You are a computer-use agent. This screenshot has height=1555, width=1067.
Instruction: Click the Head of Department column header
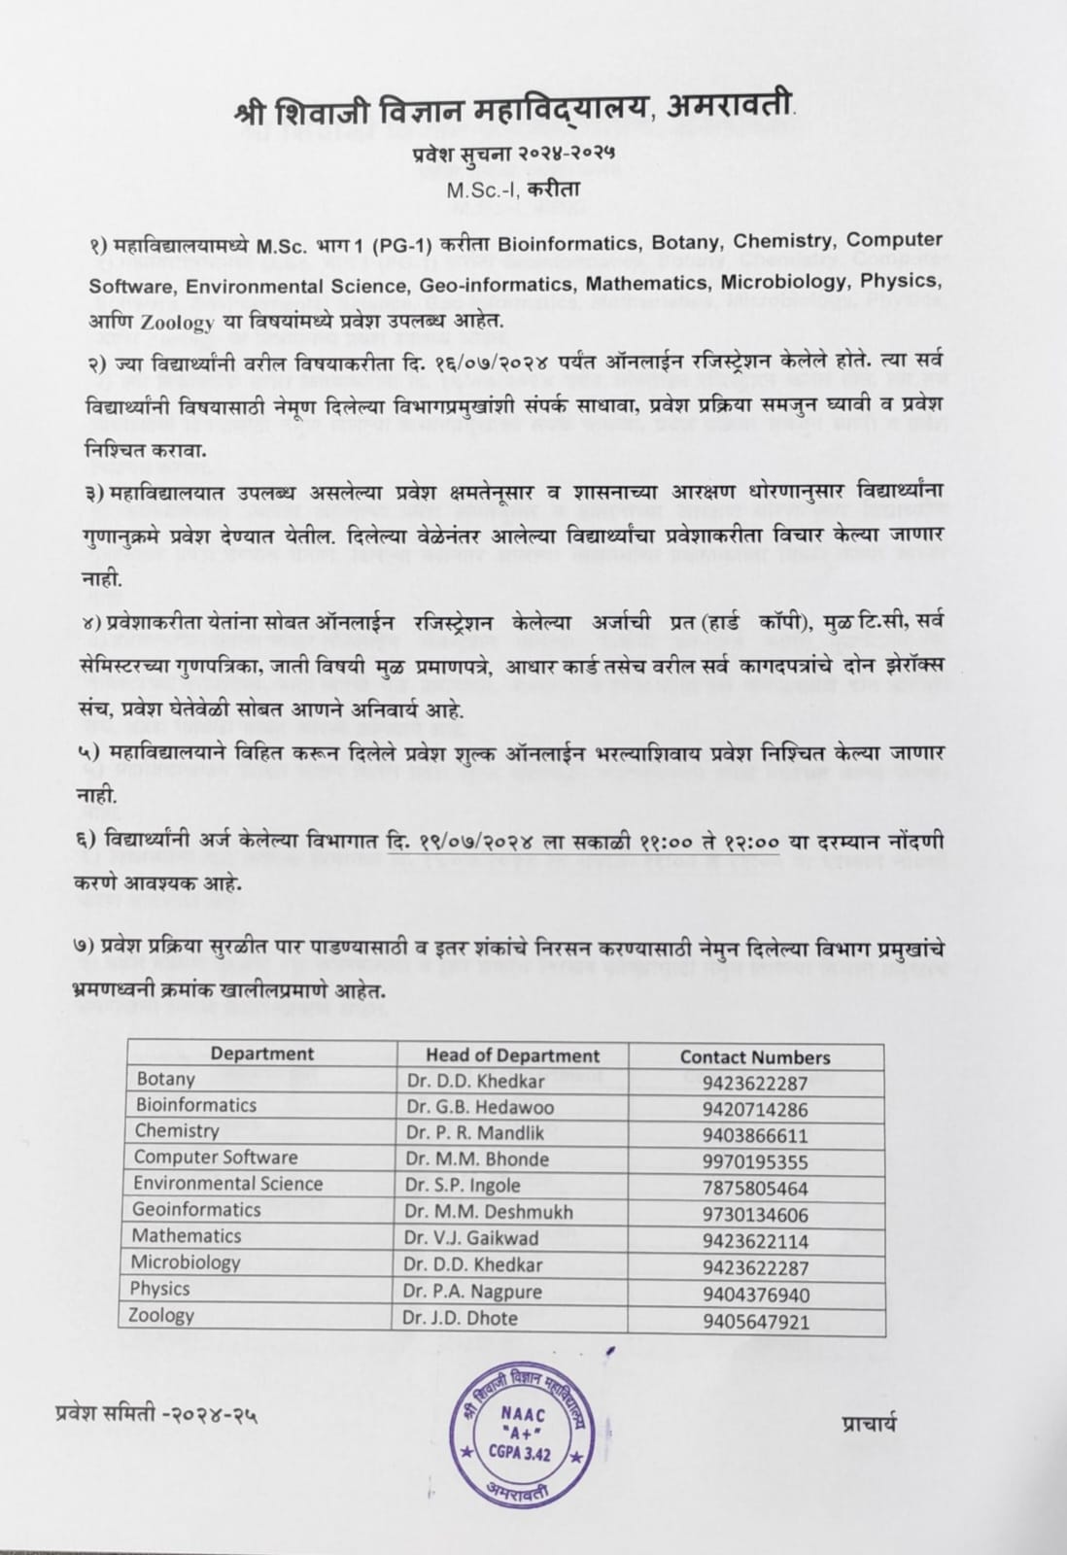pyautogui.click(x=512, y=1055)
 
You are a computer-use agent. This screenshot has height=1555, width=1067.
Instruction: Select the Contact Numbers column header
pyautogui.click(x=755, y=1057)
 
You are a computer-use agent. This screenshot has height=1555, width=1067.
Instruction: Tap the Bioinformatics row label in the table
pyautogui.click(x=196, y=1105)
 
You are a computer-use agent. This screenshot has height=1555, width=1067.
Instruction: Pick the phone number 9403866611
pyautogui.click(x=755, y=1135)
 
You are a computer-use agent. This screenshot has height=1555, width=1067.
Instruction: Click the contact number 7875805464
pyautogui.click(x=755, y=1188)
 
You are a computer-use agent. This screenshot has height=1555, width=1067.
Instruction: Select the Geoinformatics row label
pyautogui.click(x=196, y=1210)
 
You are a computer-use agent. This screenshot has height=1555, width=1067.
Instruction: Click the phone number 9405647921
pyautogui.click(x=755, y=1322)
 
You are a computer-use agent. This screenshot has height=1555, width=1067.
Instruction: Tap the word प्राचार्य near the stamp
pyautogui.click(x=869, y=1425)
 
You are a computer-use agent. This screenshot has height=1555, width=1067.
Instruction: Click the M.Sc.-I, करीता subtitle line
pyautogui.click(x=512, y=190)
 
